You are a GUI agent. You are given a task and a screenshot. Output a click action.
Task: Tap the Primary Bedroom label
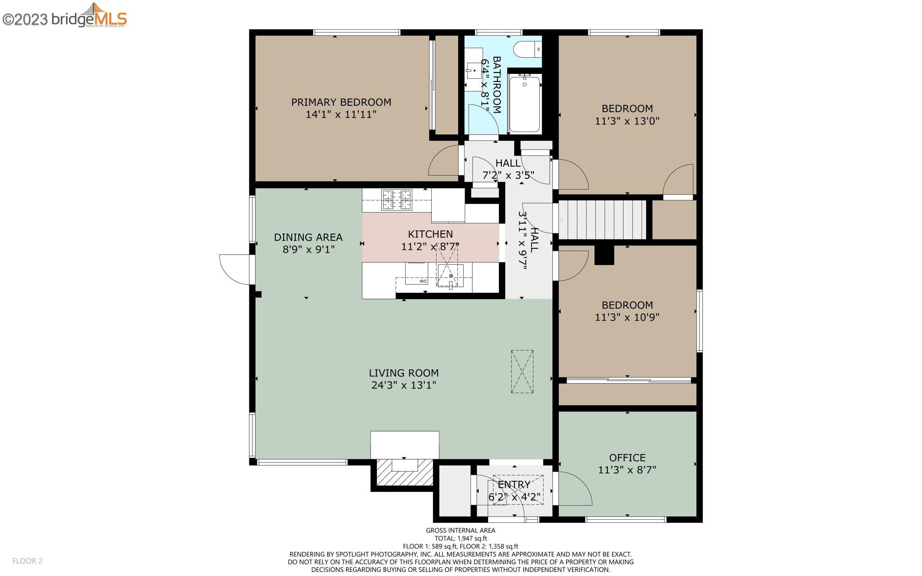click(x=341, y=102)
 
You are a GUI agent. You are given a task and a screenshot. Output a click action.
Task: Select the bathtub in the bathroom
click(x=524, y=104)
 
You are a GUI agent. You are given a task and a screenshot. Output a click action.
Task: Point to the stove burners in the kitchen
click(x=397, y=200)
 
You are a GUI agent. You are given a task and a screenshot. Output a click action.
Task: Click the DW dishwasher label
click(x=423, y=281)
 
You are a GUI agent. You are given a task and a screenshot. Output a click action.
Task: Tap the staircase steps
click(x=602, y=220)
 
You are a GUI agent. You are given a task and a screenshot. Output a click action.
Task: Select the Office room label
click(x=627, y=458)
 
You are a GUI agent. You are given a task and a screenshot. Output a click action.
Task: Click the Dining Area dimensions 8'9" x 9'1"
click(x=308, y=249)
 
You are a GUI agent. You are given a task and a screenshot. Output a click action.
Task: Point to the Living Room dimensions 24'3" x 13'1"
click(x=403, y=386)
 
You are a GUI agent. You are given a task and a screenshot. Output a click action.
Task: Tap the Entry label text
click(x=514, y=485)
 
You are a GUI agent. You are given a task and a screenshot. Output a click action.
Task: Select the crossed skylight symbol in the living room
click(x=522, y=372)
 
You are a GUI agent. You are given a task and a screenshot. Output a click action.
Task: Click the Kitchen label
click(x=430, y=234)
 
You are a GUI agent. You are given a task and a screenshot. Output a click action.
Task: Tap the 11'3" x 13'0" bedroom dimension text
click(x=627, y=121)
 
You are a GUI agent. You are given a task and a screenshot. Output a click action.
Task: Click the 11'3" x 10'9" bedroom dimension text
click(x=627, y=317)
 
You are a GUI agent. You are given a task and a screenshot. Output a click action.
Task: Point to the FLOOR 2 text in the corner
click(x=27, y=561)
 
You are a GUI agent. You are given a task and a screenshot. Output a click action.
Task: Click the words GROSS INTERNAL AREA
click(x=461, y=531)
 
